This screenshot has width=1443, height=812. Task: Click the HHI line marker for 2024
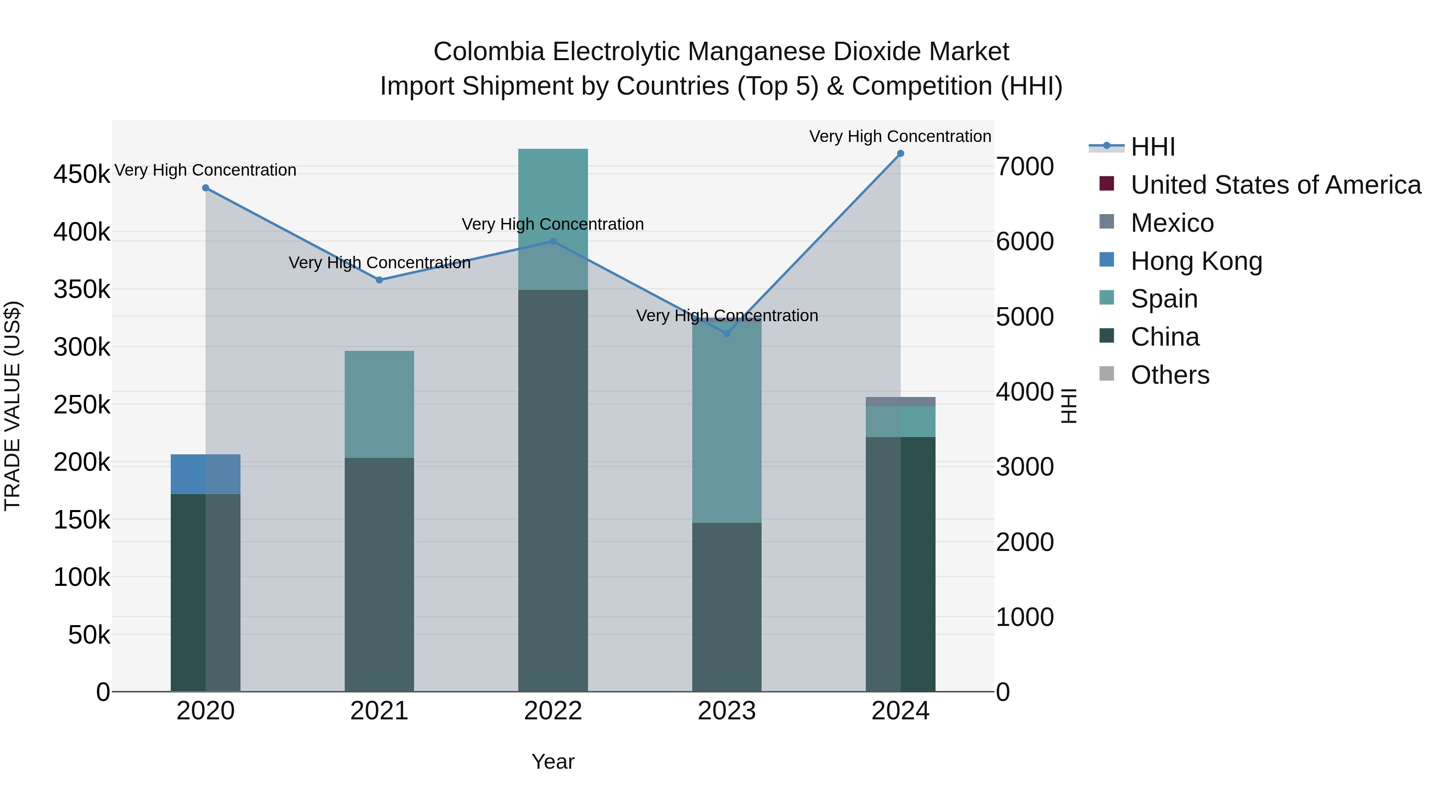900,154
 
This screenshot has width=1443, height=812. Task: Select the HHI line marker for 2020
206,188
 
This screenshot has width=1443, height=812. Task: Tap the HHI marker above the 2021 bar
379,280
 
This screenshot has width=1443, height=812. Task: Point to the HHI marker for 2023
727,334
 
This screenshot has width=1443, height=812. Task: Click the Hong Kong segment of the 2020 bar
206,474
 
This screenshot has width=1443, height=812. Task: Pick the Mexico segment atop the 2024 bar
900,402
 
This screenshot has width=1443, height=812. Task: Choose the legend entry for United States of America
1275,185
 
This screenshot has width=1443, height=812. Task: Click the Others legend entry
1170,375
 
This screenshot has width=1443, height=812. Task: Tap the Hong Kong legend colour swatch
1106,260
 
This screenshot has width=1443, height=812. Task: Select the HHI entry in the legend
1152,147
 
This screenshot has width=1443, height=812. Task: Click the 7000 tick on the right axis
1025,166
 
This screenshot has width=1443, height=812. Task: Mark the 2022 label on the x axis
553,711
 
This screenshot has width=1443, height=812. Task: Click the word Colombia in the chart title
489,52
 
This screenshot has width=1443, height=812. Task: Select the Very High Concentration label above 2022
553,224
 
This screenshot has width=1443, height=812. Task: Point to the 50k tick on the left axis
89,635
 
